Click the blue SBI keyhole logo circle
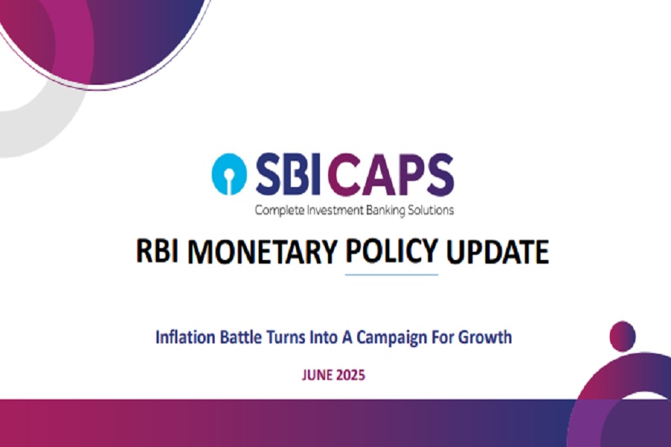230,174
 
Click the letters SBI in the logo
289,174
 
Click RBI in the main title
157,250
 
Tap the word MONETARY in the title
262,251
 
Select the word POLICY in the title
391,250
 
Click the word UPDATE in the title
497,251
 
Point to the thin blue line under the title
391,275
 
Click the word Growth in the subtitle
485,337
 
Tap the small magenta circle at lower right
623,336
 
